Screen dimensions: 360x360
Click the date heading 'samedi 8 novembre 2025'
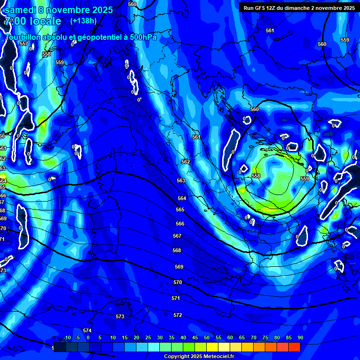tap(59, 10)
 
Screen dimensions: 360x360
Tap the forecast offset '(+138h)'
tap(83, 21)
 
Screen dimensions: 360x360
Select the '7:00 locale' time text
tap(33, 21)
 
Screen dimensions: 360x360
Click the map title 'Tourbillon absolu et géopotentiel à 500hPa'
tap(81, 37)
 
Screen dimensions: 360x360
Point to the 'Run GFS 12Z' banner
tap(297, 8)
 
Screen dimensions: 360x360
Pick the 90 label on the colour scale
tap(300, 337)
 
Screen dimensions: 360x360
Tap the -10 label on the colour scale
tap(67, 337)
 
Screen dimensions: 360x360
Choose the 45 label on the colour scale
tap(195, 337)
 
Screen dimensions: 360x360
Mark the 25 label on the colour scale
tap(148, 337)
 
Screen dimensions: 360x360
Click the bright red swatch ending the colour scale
tap(294, 347)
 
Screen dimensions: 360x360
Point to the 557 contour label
tap(24, 44)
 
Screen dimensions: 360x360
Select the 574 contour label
tap(87, 331)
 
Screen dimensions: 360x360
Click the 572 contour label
tap(178, 315)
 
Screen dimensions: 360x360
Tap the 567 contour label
tap(177, 236)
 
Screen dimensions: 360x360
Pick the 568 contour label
tap(177, 251)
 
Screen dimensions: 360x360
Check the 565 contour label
tap(180, 210)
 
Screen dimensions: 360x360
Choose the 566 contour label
tap(180, 224)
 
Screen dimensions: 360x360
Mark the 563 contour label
tap(181, 180)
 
